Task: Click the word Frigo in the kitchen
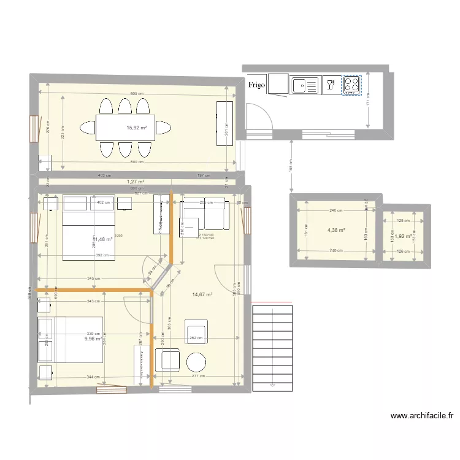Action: [x=256, y=85]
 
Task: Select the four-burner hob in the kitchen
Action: [x=351, y=85]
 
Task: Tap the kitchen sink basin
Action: [x=302, y=86]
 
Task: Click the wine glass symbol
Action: [x=331, y=85]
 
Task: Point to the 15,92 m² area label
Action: [x=136, y=128]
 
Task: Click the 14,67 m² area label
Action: [x=202, y=294]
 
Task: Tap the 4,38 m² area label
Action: [x=336, y=231]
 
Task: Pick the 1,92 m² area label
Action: [x=402, y=236]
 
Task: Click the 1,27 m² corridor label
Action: [x=135, y=182]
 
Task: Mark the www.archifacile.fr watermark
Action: [x=422, y=416]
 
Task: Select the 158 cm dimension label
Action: [x=291, y=164]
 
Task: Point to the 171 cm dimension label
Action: [x=368, y=98]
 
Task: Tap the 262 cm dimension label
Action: [x=196, y=338]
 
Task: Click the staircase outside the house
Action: [x=273, y=347]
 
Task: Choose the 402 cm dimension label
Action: [x=102, y=202]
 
